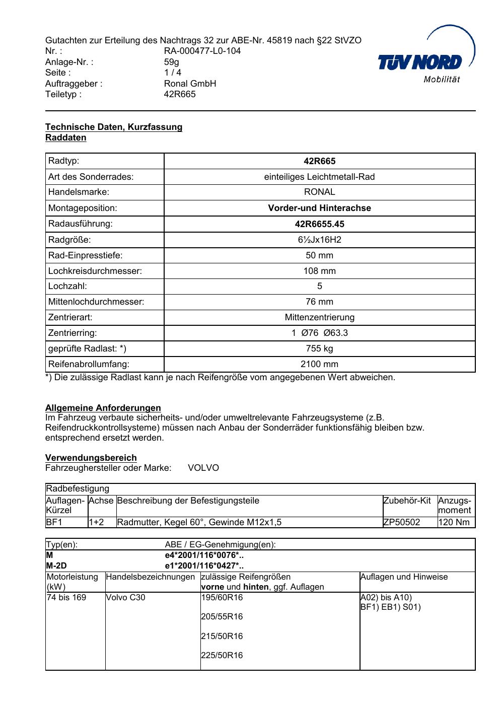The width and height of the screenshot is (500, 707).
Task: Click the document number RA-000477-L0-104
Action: tap(202, 51)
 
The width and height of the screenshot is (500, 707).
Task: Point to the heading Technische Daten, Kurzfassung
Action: tap(114, 127)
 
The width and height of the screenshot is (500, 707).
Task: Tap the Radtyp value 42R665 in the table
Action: tap(319, 161)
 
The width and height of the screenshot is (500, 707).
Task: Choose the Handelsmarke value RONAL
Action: tap(319, 192)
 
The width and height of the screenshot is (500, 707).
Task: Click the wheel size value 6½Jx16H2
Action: tap(319, 240)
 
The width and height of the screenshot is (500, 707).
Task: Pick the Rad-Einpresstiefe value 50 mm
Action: tap(319, 255)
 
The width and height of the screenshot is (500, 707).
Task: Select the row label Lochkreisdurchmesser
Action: tap(95, 271)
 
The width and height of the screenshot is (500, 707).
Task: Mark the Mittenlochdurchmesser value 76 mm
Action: tap(319, 302)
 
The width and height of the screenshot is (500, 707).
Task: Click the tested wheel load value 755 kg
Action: tap(319, 348)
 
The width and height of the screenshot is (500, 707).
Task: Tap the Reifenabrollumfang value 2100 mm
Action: tap(319, 364)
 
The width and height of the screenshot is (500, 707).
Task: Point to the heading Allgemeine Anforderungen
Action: tap(103, 408)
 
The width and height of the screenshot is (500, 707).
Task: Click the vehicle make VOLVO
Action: tap(203, 468)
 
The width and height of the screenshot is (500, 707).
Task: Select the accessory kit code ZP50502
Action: tap(401, 522)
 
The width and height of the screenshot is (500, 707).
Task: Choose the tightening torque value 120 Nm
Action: tap(454, 522)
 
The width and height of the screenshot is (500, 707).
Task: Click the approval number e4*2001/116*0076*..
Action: tap(204, 555)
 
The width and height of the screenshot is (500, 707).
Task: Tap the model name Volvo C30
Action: tap(125, 598)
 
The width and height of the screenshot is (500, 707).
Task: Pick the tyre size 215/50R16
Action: tap(222, 636)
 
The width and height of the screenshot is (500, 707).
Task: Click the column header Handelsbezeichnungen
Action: tap(150, 577)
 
